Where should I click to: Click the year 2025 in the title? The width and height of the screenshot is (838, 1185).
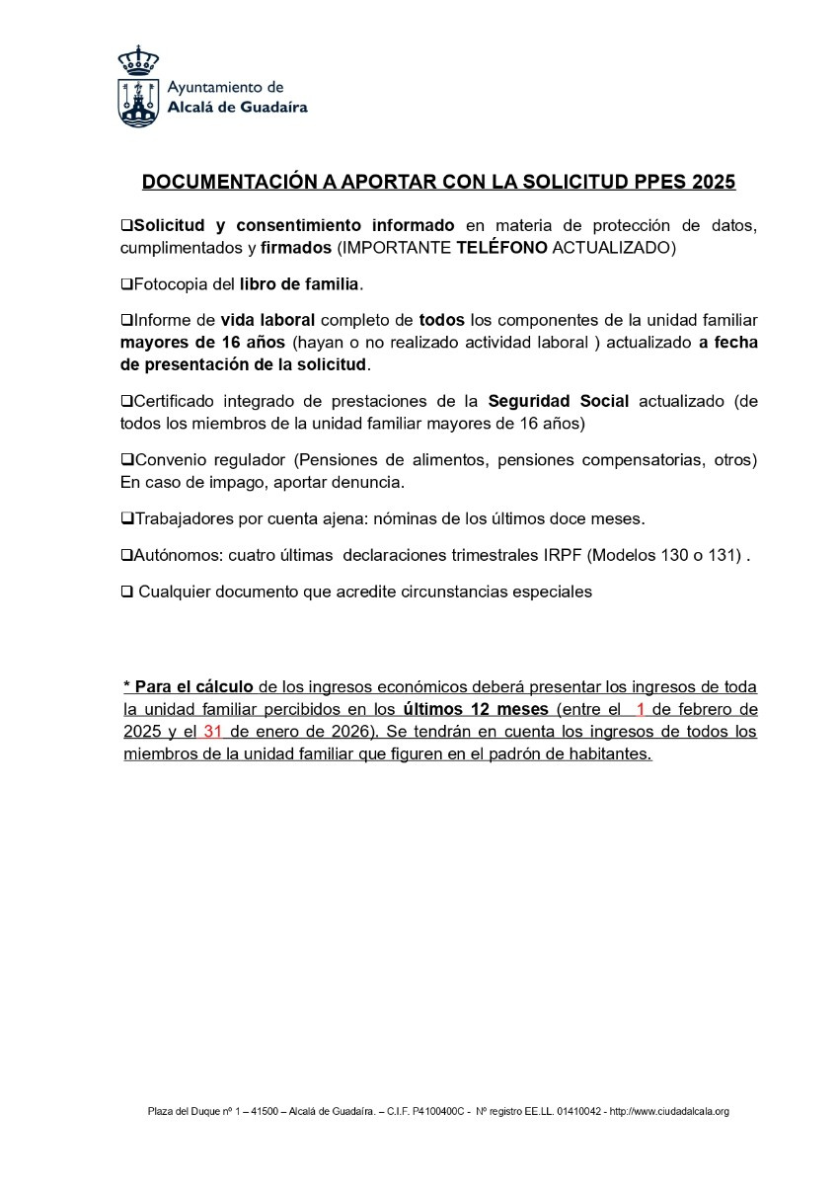pyautogui.click(x=715, y=183)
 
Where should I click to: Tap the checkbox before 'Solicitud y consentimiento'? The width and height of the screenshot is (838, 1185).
pyautogui.click(x=125, y=225)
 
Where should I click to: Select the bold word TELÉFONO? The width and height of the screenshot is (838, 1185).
pyautogui.click(x=501, y=247)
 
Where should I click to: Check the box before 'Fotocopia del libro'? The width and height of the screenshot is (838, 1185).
pyautogui.click(x=125, y=284)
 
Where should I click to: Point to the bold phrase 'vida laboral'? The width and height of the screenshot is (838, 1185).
pyautogui.click(x=267, y=321)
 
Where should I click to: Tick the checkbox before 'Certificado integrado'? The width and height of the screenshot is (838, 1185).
pyautogui.click(x=125, y=402)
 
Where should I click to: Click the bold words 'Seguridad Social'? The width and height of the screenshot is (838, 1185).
pyautogui.click(x=559, y=401)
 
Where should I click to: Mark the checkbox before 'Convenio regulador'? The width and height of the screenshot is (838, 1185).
pyautogui.click(x=125, y=460)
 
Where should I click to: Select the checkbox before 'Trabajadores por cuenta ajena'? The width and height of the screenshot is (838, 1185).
pyautogui.click(x=125, y=517)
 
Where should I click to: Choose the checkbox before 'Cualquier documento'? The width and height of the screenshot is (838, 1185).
pyautogui.click(x=125, y=592)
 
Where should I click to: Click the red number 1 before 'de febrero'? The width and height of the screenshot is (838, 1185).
pyautogui.click(x=641, y=709)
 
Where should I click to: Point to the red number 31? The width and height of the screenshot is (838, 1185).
pyautogui.click(x=212, y=732)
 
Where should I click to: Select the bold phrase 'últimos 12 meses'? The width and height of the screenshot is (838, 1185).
pyautogui.click(x=476, y=709)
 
